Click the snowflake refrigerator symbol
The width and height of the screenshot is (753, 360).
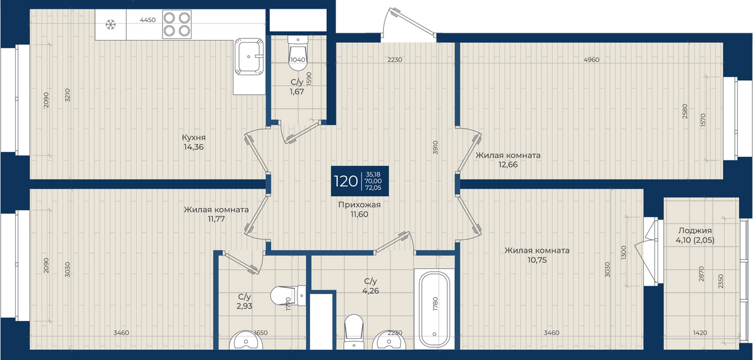click(110, 24)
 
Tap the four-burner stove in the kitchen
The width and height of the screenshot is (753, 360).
click(177, 24)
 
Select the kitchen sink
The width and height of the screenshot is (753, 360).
click(249, 56)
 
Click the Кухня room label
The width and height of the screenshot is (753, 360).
click(194, 137)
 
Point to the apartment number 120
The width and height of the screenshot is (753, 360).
click(346, 181)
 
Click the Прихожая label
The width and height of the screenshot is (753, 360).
click(360, 204)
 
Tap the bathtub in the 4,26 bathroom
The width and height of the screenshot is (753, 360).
click(434, 309)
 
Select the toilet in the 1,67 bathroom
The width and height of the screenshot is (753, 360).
click(297, 53)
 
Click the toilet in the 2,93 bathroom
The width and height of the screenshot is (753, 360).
click(288, 296)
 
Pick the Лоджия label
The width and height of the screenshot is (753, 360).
click(695, 231)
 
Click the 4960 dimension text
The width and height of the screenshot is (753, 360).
click(592, 60)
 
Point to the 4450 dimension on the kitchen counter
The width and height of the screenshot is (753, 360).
click(148, 20)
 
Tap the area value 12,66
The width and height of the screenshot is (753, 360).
click(508, 165)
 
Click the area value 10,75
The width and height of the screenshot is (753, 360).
click(537, 260)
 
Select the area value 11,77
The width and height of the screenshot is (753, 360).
click(216, 219)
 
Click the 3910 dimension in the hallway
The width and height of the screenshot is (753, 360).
click(435, 147)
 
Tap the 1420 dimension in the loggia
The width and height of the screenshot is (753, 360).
click(700, 333)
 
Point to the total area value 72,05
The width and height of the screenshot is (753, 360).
click(373, 188)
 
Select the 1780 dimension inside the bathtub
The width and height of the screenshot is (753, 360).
click(435, 304)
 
